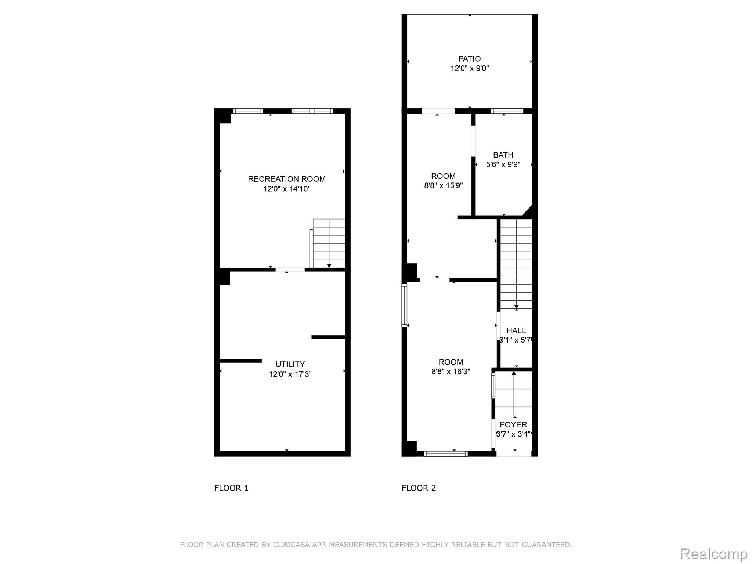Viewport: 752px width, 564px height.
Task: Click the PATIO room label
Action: click(469, 59)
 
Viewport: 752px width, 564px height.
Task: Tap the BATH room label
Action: click(503, 155)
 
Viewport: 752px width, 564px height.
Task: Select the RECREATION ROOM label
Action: click(287, 179)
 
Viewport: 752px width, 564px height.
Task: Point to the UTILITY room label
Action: click(290, 364)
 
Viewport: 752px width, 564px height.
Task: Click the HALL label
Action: click(516, 330)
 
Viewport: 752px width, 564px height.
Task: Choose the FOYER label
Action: click(513, 425)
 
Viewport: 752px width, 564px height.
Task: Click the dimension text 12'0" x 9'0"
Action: click(470, 68)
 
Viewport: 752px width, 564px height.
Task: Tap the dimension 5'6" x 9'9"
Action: click(503, 164)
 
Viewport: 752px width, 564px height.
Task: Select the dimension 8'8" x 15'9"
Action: click(443, 185)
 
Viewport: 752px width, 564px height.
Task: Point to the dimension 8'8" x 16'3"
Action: click(451, 371)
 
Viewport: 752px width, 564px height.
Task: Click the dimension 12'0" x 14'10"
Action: click(287, 189)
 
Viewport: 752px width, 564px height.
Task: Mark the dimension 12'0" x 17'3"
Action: click(290, 374)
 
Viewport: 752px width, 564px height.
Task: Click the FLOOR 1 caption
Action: click(231, 488)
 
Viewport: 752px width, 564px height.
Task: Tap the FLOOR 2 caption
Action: click(419, 488)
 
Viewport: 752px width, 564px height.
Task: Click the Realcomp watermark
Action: click(713, 554)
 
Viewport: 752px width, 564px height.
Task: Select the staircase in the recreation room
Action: click(328, 243)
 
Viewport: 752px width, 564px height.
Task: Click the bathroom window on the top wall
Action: click(507, 111)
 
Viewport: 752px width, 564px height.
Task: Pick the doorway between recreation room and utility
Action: click(290, 270)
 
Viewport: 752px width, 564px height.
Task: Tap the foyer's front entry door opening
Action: click(514, 454)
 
